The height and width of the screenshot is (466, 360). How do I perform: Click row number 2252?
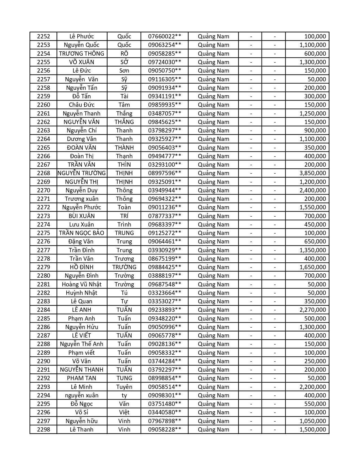tap(43, 36)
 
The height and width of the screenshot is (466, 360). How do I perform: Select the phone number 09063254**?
tap(164, 45)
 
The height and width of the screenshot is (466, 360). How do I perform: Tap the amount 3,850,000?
tap(313, 173)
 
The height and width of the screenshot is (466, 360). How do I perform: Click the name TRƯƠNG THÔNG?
tap(82, 54)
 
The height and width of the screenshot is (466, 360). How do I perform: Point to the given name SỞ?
tap(124, 62)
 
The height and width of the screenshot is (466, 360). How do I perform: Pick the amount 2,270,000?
tap(313, 310)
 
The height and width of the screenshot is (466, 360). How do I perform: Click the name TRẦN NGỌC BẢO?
tap(82, 233)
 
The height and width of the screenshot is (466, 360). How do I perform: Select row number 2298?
tap(43, 430)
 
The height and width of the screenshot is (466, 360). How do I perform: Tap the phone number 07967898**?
tap(164, 421)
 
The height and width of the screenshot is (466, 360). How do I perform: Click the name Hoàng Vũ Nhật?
tap(82, 284)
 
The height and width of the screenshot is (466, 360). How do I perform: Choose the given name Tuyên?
tap(124, 387)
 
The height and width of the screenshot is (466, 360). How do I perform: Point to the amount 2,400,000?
tap(313, 190)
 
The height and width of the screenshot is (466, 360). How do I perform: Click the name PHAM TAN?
tap(82, 378)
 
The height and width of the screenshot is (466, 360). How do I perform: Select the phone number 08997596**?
tap(164, 173)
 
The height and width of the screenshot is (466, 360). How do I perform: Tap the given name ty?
tap(124, 395)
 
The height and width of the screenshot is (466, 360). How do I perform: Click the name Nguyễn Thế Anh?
tap(82, 344)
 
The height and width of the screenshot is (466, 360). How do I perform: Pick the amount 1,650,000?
tap(313, 267)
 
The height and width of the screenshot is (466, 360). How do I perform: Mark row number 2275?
tap(43, 233)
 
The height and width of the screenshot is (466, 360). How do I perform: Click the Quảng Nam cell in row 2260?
tap(213, 105)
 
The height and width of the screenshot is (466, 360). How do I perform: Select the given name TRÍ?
tap(124, 216)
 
